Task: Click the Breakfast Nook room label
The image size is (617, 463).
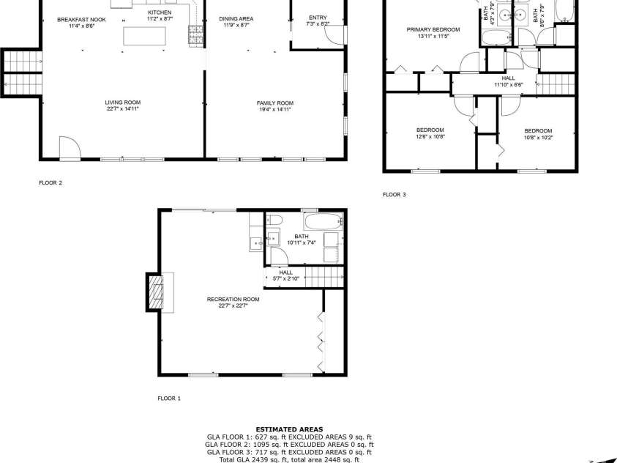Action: [x=81, y=19]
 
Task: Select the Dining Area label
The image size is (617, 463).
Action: [x=236, y=19]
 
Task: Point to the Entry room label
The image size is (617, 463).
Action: [x=318, y=18]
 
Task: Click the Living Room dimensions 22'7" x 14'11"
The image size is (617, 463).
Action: [x=123, y=108]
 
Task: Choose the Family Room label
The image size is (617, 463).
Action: [x=274, y=103]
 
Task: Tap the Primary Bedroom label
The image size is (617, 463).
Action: [x=433, y=29]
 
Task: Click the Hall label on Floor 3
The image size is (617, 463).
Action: [x=508, y=78]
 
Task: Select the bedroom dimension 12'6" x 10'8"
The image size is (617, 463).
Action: [x=430, y=136]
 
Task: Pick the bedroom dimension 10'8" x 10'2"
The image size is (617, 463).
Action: [x=538, y=137]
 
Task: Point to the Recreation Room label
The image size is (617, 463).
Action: [x=233, y=299]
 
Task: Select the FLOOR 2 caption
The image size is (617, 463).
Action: [x=51, y=182]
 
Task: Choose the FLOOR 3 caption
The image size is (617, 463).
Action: [x=394, y=194]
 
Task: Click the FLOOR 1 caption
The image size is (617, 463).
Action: [x=169, y=398]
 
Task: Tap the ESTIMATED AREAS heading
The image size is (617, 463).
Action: [x=289, y=429]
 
